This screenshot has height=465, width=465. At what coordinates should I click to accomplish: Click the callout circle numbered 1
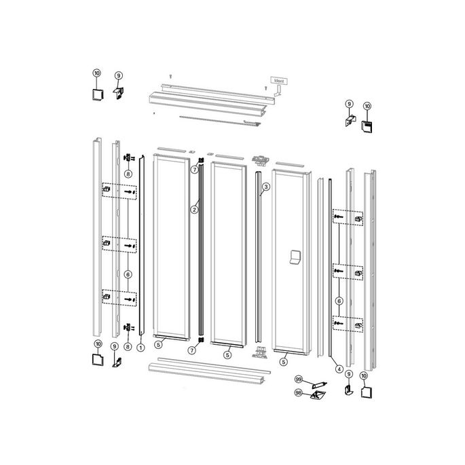(x=141, y=347)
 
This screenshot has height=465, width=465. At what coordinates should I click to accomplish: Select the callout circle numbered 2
(x=194, y=210)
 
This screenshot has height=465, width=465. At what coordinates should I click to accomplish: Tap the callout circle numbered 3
(x=266, y=186)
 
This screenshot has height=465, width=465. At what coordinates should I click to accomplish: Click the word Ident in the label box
(x=280, y=80)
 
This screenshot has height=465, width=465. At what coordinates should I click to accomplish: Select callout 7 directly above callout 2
(x=194, y=168)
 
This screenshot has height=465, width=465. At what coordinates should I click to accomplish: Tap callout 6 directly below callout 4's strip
(x=339, y=301)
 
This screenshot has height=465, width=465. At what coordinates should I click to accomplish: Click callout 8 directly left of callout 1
(x=128, y=347)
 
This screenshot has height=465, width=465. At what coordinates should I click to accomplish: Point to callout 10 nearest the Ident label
(x=367, y=106)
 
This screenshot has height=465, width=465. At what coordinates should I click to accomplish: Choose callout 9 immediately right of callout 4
(x=348, y=375)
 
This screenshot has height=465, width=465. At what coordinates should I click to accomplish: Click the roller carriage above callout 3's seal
(x=259, y=160)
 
